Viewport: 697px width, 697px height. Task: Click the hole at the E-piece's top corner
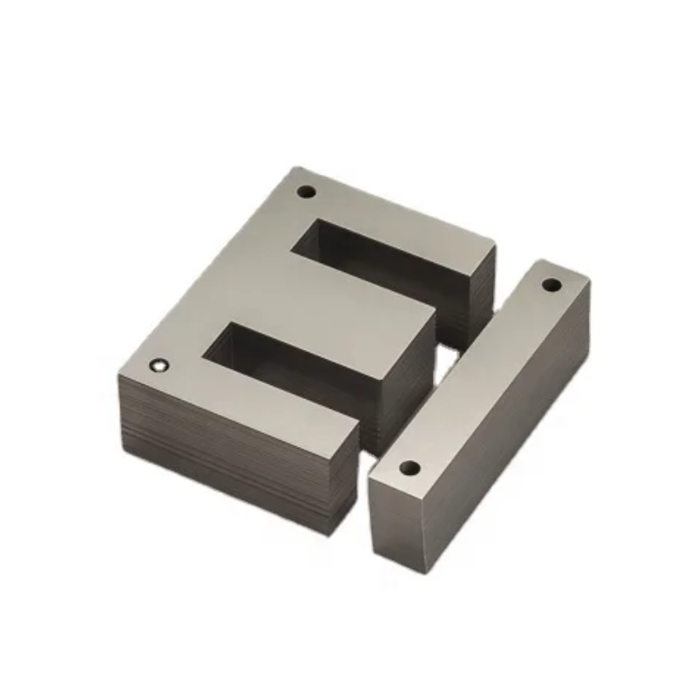pyautogui.click(x=307, y=190)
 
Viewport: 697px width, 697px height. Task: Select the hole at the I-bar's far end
pyautogui.click(x=551, y=284)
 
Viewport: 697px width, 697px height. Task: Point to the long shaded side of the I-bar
pyautogui.click(x=514, y=436)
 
